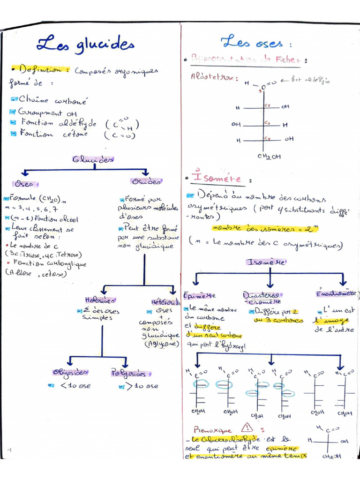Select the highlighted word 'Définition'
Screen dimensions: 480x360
[x=41, y=69]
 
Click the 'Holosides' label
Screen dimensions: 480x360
[x=100, y=300]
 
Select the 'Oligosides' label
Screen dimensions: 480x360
[x=70, y=373]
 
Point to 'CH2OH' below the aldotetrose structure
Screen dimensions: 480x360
[x=269, y=157]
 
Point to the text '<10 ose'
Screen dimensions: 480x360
[x=75, y=386]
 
